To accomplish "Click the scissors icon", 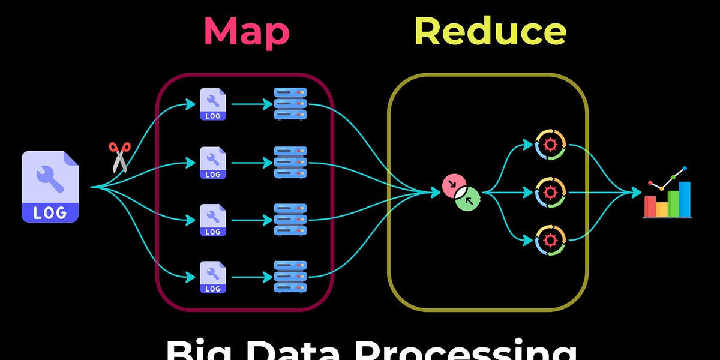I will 119,157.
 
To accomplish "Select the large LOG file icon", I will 50,187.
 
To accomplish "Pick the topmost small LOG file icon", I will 212,104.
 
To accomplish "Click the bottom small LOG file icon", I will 212,277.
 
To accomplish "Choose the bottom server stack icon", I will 290,277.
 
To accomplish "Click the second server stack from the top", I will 290,162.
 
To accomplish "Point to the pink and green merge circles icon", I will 461,193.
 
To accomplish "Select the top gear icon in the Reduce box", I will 550,145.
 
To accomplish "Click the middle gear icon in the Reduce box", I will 550,193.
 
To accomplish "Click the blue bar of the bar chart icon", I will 685,199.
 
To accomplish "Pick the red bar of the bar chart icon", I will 650,206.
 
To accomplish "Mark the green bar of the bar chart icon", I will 673,203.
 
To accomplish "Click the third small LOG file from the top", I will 212,220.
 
